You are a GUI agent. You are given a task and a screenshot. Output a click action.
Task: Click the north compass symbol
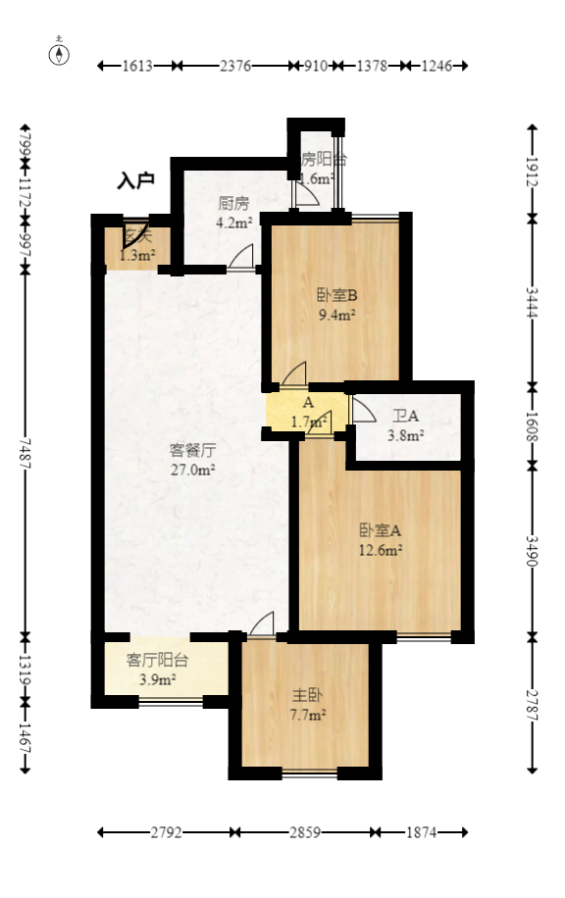(60, 53)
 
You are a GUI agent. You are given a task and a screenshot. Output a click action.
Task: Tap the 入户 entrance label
(136, 180)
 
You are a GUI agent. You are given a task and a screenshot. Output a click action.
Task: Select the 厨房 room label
(233, 204)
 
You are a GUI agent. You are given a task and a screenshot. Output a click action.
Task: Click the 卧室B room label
(336, 295)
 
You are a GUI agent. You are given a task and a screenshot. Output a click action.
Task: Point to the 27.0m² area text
(192, 470)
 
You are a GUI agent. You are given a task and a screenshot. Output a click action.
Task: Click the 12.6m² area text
(381, 550)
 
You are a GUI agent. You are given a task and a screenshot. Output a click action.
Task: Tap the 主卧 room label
(307, 695)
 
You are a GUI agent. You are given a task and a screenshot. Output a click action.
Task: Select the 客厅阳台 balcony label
(157, 661)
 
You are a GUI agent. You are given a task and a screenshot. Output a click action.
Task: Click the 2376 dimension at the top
(236, 66)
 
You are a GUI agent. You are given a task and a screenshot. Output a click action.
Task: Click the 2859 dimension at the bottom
(305, 833)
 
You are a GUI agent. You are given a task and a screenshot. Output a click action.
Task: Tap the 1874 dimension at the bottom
(420, 833)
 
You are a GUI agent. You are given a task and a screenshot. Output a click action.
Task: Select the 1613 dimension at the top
(138, 66)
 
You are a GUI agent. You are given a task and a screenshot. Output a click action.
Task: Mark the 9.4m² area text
(336, 315)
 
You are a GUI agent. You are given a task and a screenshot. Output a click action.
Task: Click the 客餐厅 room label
(192, 451)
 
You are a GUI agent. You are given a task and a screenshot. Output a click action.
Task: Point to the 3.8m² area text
(406, 435)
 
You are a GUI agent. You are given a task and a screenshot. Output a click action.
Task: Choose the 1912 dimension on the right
(533, 171)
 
